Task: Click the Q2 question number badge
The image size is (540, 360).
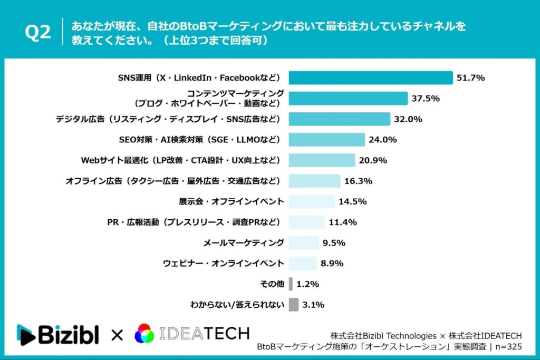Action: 38,33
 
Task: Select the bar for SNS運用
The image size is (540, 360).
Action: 370,77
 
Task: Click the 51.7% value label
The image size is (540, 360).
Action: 471,77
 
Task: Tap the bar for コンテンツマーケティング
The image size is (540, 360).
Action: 348,99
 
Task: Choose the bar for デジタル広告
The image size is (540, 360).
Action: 339,119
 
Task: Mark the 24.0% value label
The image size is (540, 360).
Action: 383,140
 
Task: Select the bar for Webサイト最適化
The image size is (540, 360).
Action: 322,160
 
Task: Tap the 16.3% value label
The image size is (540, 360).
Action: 359,181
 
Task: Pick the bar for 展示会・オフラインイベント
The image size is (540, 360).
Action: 311,201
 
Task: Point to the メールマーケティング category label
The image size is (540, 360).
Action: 244,242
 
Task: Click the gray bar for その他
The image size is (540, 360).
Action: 291,284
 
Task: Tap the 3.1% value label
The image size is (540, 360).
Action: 313,305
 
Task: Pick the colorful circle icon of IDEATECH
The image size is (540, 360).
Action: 144,334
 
